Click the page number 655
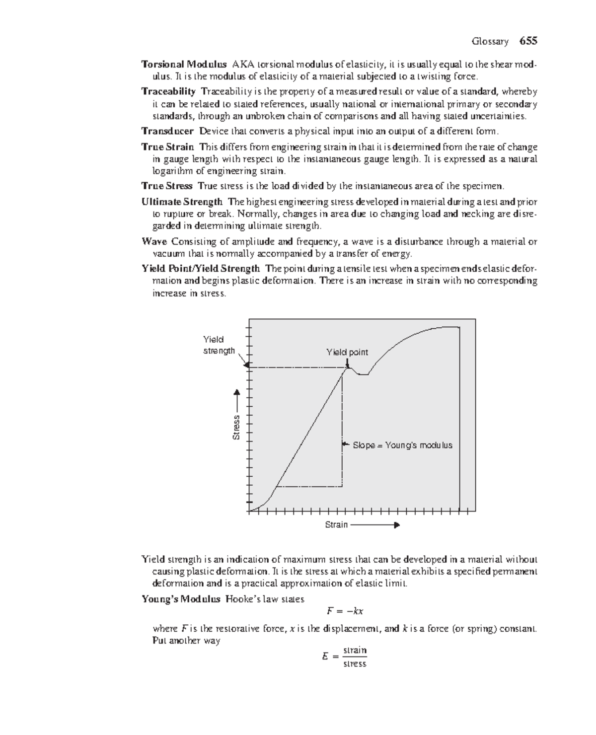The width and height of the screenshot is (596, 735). [528, 41]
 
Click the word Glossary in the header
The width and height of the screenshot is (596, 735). [490, 42]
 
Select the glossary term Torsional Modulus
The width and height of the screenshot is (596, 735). [184, 65]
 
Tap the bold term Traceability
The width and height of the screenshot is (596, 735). [168, 91]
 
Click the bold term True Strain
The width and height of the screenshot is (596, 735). [167, 147]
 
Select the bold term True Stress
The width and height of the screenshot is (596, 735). [167, 186]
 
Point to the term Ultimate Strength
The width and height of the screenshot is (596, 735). [182, 202]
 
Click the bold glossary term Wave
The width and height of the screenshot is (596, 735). [154, 242]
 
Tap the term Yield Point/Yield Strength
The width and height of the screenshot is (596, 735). [201, 269]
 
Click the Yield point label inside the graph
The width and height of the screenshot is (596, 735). [347, 352]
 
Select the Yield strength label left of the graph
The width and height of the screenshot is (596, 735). [219, 345]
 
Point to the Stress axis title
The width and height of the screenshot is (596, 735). [236, 428]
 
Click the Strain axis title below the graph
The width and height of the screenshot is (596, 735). [336, 525]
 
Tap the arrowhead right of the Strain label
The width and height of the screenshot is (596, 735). [396, 525]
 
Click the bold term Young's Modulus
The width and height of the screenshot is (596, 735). [181, 599]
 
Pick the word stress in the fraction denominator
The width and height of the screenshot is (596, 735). [355, 664]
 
